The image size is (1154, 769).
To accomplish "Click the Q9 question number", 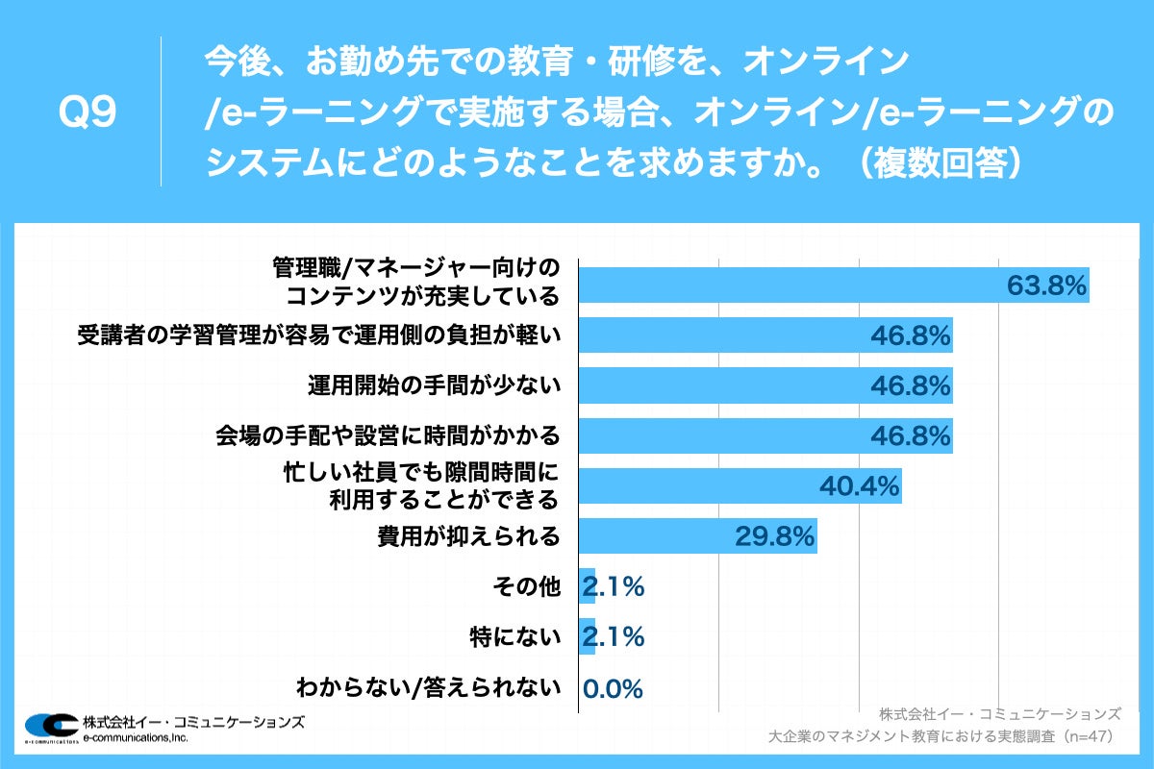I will pyautogui.click(x=88, y=113).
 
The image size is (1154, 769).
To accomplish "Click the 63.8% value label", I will pyautogui.click(x=1046, y=285).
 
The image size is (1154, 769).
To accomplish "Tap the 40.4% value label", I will pyautogui.click(x=859, y=485).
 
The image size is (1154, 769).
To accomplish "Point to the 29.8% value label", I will pyautogui.click(x=775, y=535).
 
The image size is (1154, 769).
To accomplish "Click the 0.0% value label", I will pyautogui.click(x=613, y=688).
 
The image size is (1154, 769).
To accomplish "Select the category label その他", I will pyautogui.click(x=527, y=586).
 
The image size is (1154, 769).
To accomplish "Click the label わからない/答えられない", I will pyautogui.click(x=428, y=687).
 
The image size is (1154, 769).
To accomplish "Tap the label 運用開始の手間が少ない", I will pyautogui.click(x=433, y=385).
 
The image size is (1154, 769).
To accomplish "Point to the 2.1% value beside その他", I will pyautogui.click(x=613, y=586).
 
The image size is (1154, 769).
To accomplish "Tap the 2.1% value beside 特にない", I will pyautogui.click(x=613, y=636).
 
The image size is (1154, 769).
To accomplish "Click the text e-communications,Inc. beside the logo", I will pyautogui.click(x=136, y=737).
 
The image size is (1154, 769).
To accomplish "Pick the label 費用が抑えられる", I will pyautogui.click(x=468, y=535).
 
